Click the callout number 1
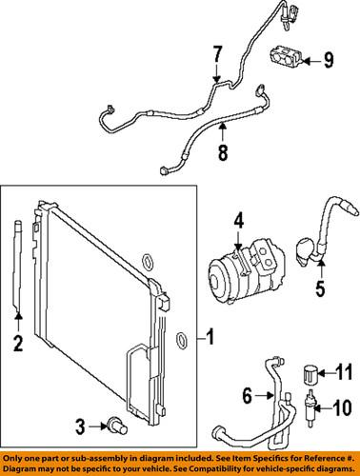click(x=210, y=337)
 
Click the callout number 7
click(x=217, y=53)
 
